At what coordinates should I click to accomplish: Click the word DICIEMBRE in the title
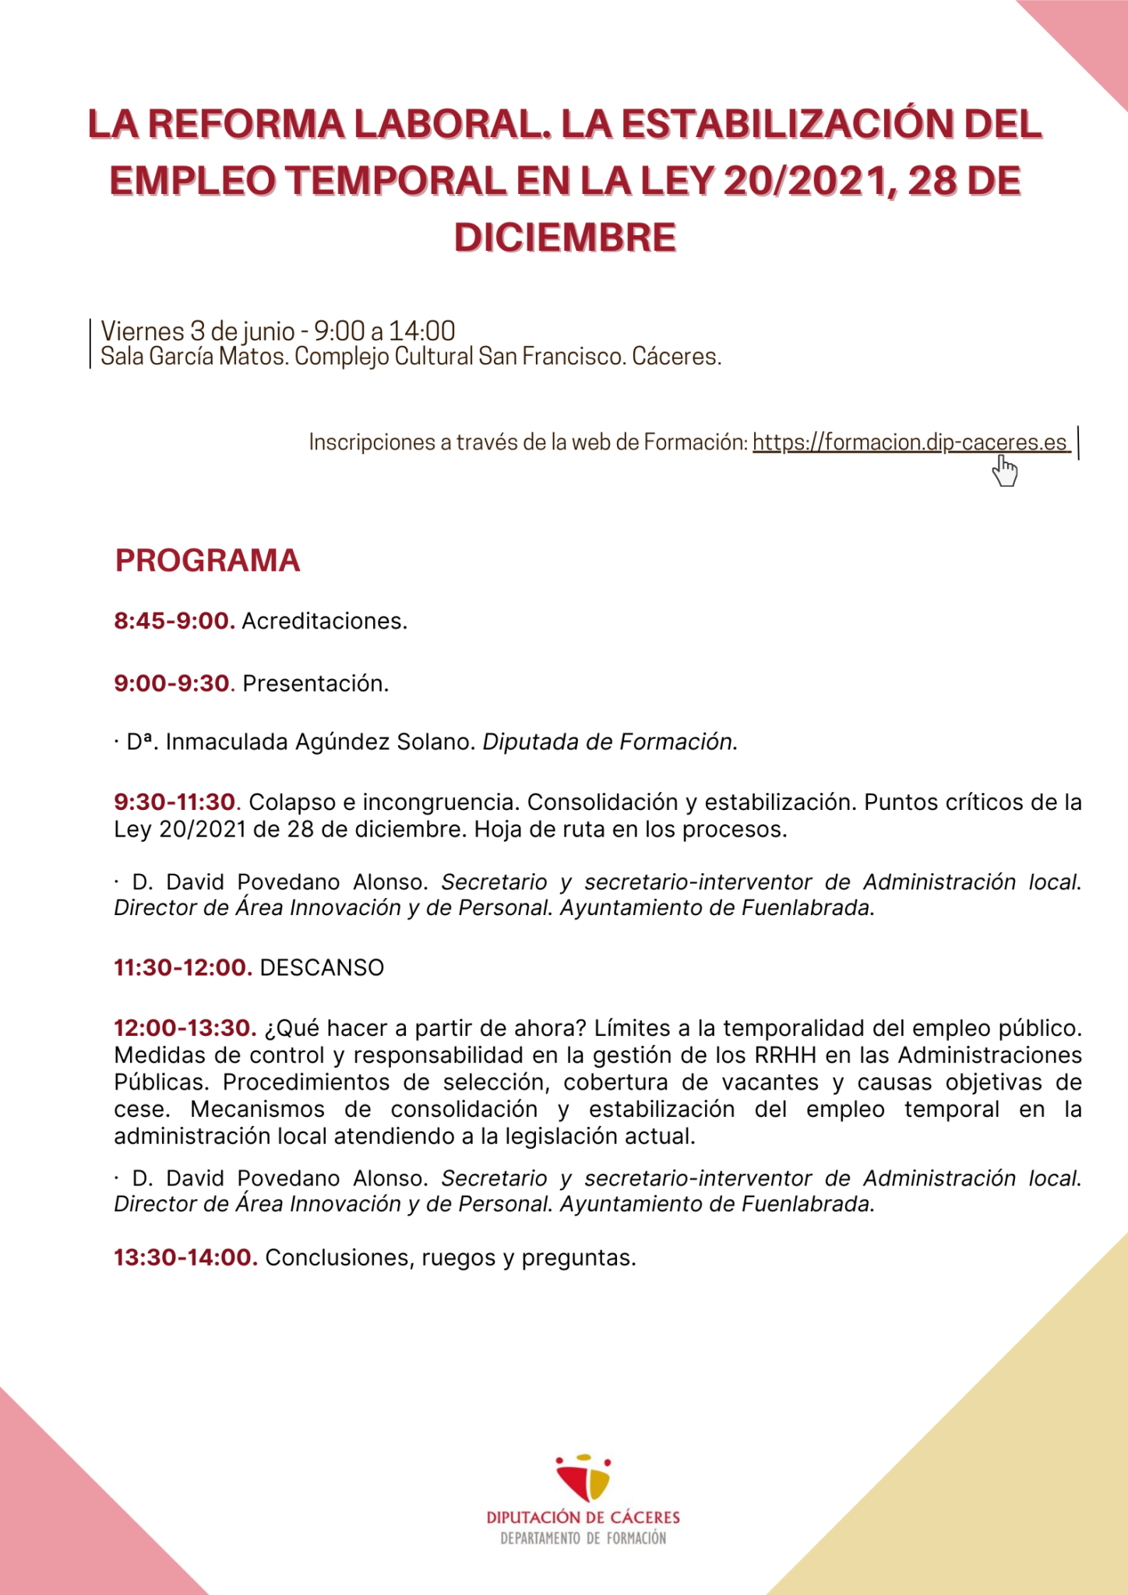[x=565, y=238]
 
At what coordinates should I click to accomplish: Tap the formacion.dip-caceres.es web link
[x=909, y=442]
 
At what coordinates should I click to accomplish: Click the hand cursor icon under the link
[x=1005, y=471]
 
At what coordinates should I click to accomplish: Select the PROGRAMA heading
[x=207, y=561]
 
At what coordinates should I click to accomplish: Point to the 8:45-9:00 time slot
[x=174, y=621]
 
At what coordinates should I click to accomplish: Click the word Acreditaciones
[x=324, y=621]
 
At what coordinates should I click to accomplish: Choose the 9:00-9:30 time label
[x=172, y=684]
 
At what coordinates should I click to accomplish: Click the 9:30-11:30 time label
[x=174, y=802]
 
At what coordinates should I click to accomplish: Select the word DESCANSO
[x=322, y=968]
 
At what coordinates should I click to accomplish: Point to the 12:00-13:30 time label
[x=184, y=1028]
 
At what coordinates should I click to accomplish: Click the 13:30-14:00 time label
[x=185, y=1258]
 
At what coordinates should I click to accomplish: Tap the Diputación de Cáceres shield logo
[x=583, y=1477]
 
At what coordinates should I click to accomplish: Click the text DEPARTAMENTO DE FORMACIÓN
[x=583, y=1538]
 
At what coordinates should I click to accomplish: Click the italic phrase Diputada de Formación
[x=609, y=742]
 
